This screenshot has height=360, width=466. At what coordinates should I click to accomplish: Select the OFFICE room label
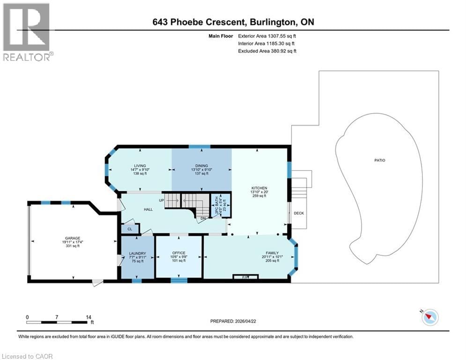178,253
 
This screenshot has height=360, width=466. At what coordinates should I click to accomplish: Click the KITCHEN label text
258,188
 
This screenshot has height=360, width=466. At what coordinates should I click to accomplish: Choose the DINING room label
201,165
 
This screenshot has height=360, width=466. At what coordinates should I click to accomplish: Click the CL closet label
130,229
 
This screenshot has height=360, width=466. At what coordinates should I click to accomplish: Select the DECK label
299,213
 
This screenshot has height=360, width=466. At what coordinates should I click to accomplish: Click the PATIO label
379,160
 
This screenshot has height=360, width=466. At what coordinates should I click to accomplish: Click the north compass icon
429,317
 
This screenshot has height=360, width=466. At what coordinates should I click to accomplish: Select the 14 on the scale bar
89,317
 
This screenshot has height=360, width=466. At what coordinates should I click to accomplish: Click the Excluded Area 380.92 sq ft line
267,51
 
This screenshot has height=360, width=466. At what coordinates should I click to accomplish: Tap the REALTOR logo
27,32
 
